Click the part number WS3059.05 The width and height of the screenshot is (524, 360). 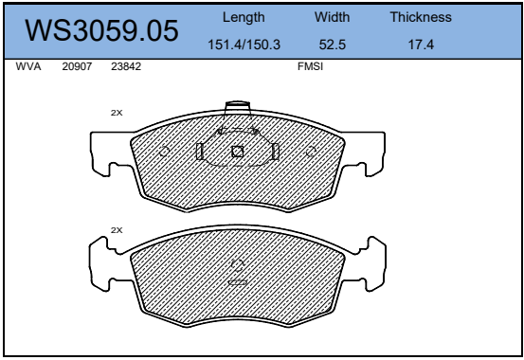coord(101,32)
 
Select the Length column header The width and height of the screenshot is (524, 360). coord(243,17)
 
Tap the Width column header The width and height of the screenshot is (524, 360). coord(332,17)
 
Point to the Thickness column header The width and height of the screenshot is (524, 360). coord(420,17)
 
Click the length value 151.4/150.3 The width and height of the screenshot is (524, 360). coord(243,44)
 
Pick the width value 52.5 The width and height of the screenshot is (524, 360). coord(332,44)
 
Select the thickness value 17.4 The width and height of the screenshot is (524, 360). coord(420,44)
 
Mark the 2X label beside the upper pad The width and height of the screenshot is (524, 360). coord(117,112)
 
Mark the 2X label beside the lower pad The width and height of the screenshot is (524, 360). coord(117,230)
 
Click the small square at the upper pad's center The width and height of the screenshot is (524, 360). coord(238,151)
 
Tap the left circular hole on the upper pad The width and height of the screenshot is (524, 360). coord(164,152)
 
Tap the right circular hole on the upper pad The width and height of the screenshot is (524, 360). coord(313,152)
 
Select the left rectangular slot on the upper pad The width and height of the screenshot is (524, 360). coord(199,152)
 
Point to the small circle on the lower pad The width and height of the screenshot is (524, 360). coord(238,265)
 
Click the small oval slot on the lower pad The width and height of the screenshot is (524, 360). coord(238,281)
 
